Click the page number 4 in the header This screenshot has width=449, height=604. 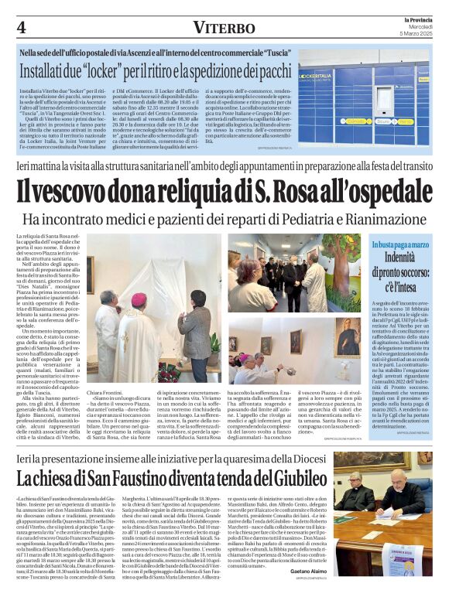[x=21, y=27]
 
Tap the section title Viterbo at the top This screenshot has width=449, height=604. [x=224, y=28]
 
